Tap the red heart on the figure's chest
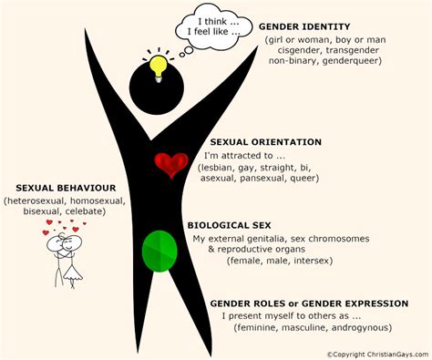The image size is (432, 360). click(170, 165)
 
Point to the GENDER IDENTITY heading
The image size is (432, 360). click(303, 27)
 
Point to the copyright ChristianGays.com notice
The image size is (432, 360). click(377, 351)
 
